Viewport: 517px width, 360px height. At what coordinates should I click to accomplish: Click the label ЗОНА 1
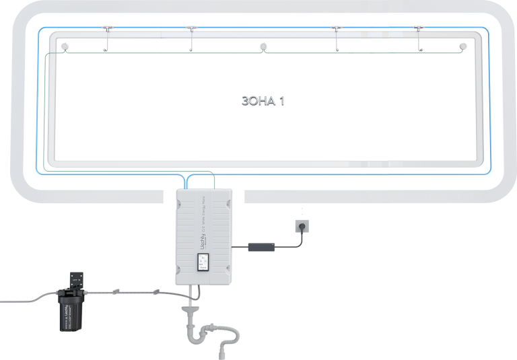268,100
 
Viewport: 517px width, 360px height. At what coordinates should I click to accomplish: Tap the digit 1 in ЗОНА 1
291,100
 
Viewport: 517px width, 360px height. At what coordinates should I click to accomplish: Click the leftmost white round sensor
65,46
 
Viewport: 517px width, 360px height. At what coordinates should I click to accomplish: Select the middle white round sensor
264,46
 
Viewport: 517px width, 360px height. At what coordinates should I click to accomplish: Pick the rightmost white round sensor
462,46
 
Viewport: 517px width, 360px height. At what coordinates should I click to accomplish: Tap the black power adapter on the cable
262,247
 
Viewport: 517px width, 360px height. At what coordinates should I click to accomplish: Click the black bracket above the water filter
75,279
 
